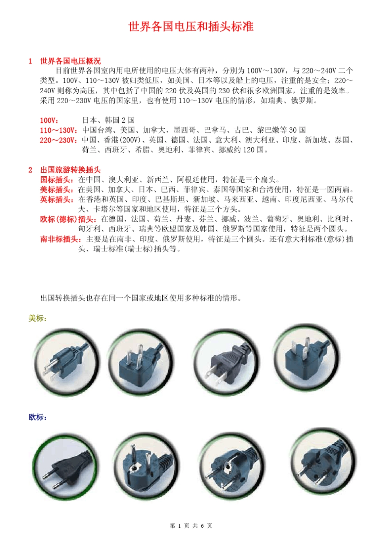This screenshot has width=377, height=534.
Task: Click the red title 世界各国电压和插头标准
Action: (191, 27)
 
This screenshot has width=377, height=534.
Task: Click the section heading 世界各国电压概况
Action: (70, 61)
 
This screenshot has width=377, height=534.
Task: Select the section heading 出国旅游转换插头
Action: (70, 170)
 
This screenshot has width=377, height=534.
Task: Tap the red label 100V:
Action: (49, 120)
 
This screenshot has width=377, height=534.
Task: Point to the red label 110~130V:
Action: (59, 130)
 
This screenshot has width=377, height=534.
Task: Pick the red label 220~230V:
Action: (59, 140)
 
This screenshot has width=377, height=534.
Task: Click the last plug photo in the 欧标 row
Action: (322, 461)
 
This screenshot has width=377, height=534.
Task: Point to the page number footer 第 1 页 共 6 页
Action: (191, 526)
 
